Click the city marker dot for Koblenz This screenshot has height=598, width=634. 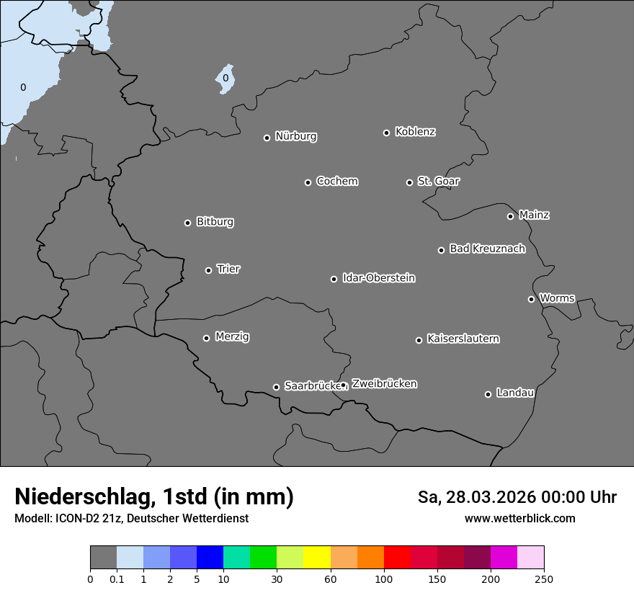pyautogui.click(x=386, y=133)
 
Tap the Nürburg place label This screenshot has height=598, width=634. pyautogui.click(x=295, y=136)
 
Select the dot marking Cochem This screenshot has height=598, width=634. pyautogui.click(x=308, y=182)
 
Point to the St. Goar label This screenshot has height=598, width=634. pyautogui.click(x=438, y=181)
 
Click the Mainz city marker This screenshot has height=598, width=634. pyautogui.click(x=510, y=216)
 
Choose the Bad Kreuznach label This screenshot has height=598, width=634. pyautogui.click(x=487, y=249)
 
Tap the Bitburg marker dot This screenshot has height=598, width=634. pyautogui.click(x=187, y=223)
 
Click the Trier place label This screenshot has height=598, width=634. pyautogui.click(x=228, y=269)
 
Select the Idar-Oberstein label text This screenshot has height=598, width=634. pyautogui.click(x=378, y=277)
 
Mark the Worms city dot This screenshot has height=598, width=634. pyautogui.click(x=531, y=299)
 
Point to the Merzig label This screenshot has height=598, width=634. pyautogui.click(x=232, y=336)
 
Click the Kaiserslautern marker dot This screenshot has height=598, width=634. pyautogui.click(x=419, y=340)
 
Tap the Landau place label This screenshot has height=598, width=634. pyautogui.click(x=515, y=393)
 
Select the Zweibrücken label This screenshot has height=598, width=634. pyautogui.click(x=384, y=383)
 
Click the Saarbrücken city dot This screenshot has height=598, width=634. pyautogui.click(x=276, y=387)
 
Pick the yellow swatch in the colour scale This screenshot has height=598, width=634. pyautogui.click(x=316, y=558)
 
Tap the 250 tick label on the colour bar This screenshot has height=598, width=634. pyautogui.click(x=544, y=579)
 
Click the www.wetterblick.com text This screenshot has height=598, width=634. pyautogui.click(x=519, y=518)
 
